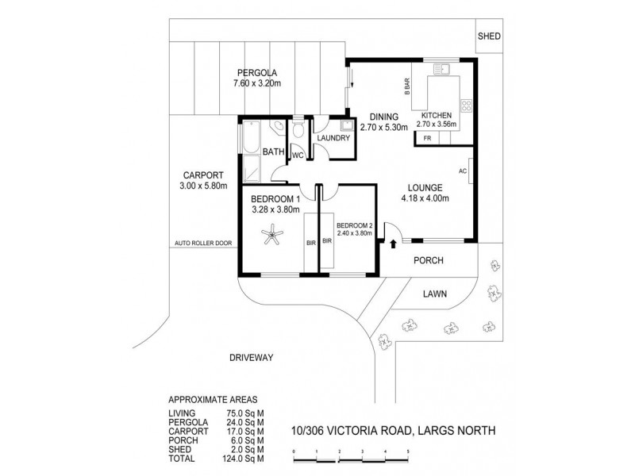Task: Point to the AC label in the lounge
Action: click(463, 171)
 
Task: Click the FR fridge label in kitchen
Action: click(427, 139)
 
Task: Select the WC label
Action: click(297, 155)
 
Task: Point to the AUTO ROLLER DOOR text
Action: click(203, 243)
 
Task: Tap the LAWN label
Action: click(434, 293)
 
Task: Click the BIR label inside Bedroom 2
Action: click(326, 245)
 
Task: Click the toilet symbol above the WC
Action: click(298, 129)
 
